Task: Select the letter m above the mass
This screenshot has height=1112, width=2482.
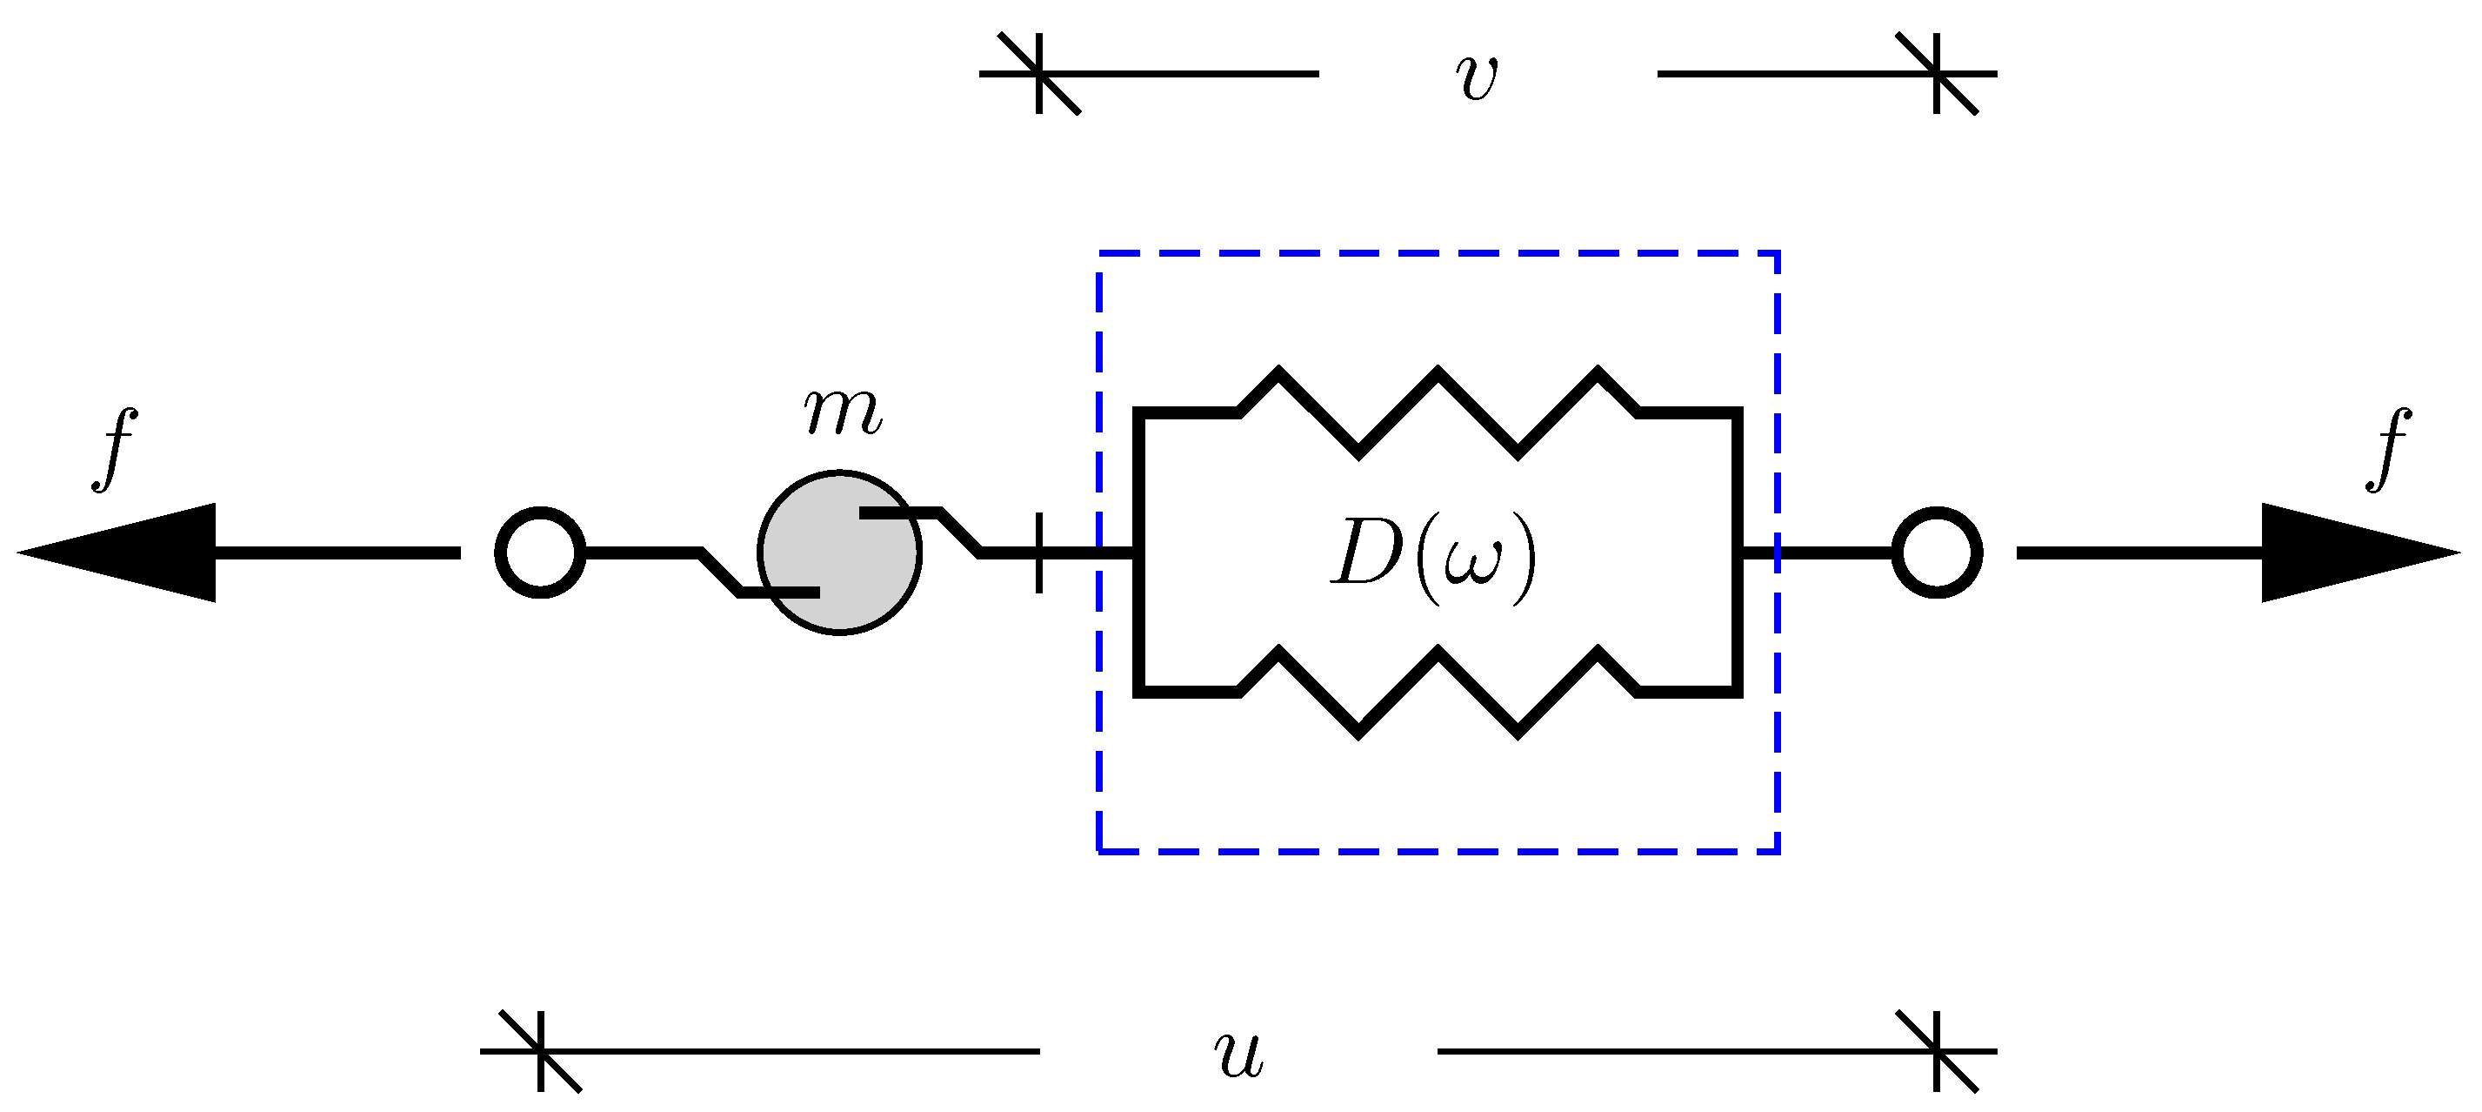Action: [x=842, y=412]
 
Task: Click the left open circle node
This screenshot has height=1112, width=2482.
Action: [x=541, y=553]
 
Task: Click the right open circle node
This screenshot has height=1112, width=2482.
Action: [x=1937, y=553]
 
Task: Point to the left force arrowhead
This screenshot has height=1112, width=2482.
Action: [x=125, y=553]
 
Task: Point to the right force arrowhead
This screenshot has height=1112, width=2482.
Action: [x=2351, y=553]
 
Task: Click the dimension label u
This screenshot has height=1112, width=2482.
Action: [x=1238, y=1052]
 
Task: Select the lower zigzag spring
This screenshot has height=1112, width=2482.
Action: [x=1438, y=691]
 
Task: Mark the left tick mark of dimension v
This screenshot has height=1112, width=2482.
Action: [x=1038, y=73]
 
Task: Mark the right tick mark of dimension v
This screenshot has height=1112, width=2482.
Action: [x=1937, y=73]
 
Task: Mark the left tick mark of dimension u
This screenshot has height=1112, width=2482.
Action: [x=541, y=1051]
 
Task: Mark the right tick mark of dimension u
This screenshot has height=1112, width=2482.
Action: [x=1937, y=1051]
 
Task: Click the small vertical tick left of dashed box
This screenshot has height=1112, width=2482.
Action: [x=1038, y=553]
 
